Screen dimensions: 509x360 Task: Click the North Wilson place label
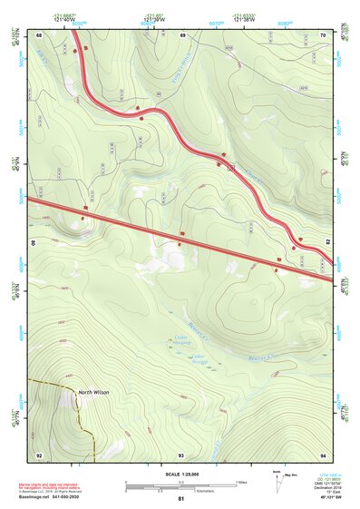click(x=93, y=392)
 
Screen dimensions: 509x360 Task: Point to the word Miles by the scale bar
click(x=240, y=482)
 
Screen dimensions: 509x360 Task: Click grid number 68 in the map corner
click(x=39, y=34)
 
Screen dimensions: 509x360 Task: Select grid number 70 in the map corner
click(x=323, y=34)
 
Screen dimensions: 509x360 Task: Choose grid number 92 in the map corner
click(x=39, y=454)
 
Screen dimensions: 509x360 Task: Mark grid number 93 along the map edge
click(x=180, y=454)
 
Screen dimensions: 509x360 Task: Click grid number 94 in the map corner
click(x=323, y=454)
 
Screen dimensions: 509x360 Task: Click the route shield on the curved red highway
click(x=231, y=168)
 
